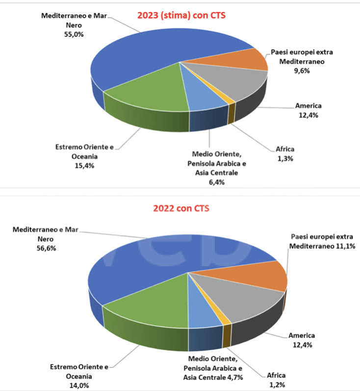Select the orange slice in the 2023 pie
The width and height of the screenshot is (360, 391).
[x=248, y=59]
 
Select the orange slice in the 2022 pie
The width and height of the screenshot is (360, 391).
[x=262, y=277]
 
